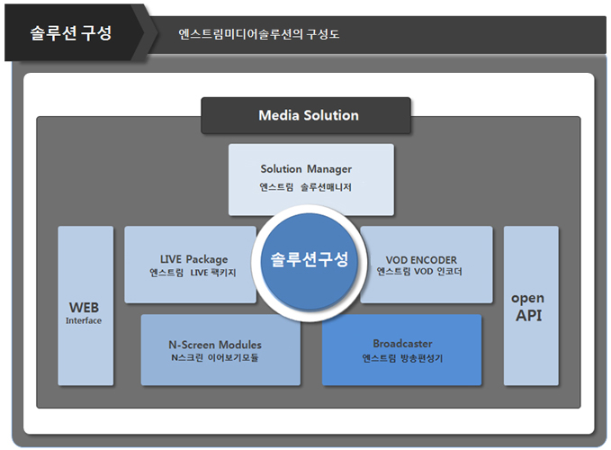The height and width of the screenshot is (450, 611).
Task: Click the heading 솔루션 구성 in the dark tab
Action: pos(71,34)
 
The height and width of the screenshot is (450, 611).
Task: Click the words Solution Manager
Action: pos(306,169)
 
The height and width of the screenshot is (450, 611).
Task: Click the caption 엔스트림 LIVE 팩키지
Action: pos(193,272)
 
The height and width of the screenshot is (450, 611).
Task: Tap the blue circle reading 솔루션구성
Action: pos(309,260)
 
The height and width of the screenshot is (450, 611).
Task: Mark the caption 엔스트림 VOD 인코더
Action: pos(419,272)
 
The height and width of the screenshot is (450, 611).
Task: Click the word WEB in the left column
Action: pos(84,307)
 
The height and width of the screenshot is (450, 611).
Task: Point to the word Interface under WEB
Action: pos(84,320)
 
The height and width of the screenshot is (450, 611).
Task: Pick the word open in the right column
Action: pos(528,298)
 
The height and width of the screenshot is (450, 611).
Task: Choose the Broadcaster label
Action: pos(402,344)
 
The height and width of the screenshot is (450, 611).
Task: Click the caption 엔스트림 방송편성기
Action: pos(401,358)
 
